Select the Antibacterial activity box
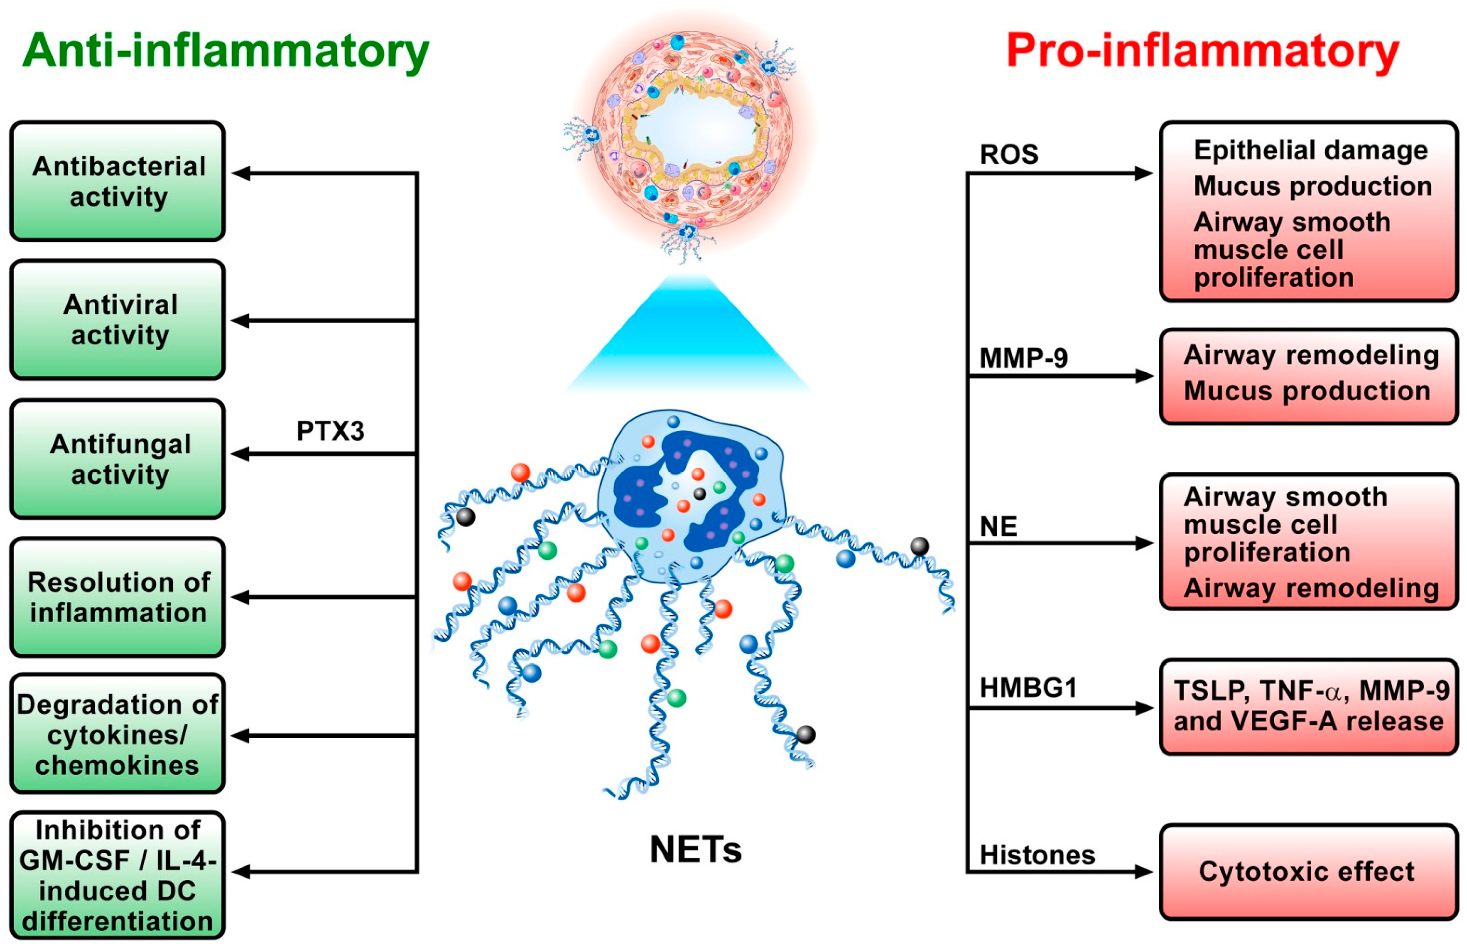(118, 181)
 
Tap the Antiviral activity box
(118, 320)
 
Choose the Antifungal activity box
(118, 459)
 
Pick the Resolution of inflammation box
(118, 597)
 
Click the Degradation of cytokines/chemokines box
(118, 734)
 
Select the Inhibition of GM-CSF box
(118, 875)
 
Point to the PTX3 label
(330, 431)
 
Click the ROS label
(1009, 154)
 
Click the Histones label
(1037, 855)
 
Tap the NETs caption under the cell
(695, 850)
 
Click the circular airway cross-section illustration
(690, 129)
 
